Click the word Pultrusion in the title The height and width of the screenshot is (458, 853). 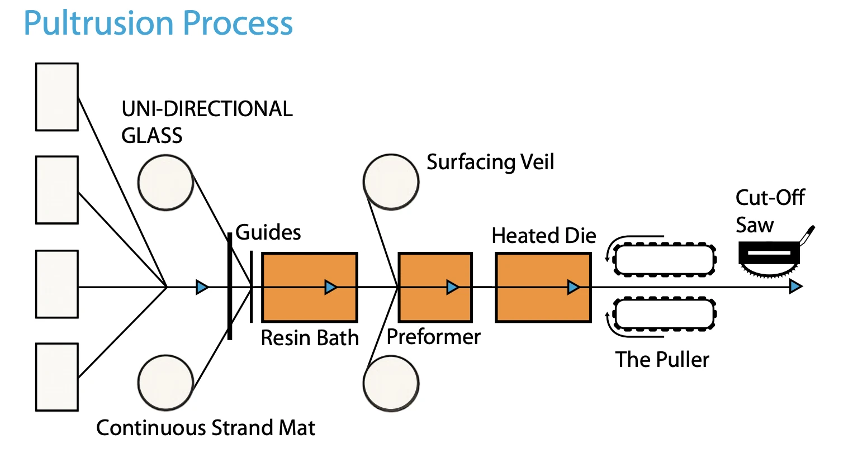98,23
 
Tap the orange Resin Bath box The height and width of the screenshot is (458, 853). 310,287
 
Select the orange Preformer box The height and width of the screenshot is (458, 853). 435,287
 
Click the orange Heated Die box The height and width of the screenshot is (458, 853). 543,287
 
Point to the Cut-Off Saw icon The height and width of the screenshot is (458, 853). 773,255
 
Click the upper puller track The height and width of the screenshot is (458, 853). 665,259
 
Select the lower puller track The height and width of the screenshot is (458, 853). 665,314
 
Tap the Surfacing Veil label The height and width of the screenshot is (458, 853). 490,163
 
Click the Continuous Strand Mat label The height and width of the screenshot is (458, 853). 206,428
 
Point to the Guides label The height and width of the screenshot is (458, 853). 268,232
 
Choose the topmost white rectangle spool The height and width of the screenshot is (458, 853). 57,97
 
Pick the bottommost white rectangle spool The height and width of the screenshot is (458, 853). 57,377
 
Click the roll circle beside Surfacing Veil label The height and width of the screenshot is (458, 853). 391,182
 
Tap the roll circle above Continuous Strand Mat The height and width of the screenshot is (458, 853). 165,383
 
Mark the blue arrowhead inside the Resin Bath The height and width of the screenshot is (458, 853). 330,287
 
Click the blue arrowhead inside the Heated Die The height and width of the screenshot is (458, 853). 574,287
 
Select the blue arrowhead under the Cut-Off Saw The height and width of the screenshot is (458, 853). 796,287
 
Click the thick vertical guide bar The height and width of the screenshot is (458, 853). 230,286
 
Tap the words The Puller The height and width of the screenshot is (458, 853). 662,360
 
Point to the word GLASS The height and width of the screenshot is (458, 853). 152,136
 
